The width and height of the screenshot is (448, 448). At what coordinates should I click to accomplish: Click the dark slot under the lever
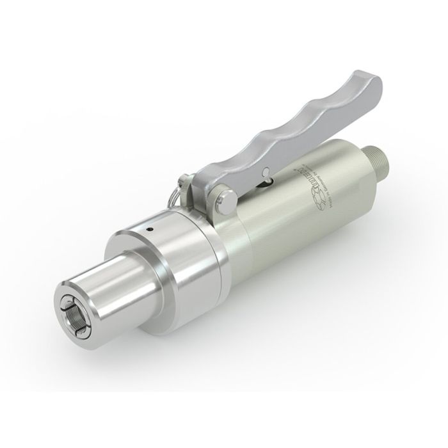(x=265, y=184)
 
